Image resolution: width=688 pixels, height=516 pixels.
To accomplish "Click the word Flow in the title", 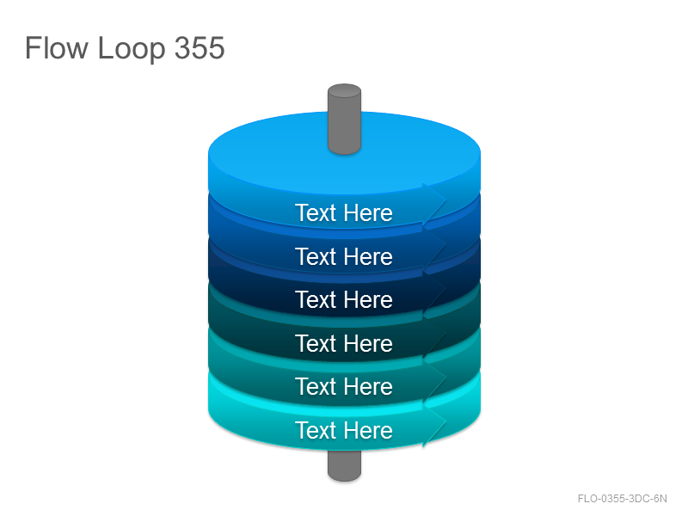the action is pos(57,47).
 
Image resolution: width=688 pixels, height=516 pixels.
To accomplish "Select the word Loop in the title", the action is pos(132,49).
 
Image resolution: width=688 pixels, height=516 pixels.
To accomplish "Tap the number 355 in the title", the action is pos(200,47).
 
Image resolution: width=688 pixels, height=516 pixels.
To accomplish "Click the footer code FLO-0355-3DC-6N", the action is pos(622,499).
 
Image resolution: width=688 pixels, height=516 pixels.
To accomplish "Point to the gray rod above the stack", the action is pos(345,119).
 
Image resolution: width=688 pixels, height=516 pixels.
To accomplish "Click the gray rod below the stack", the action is pos(345,465).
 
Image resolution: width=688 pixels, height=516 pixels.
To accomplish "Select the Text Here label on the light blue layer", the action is pos(344,212).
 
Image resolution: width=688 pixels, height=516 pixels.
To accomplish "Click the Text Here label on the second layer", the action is pos(344,256).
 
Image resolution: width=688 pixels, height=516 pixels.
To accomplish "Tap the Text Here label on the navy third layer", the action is pos(344,299).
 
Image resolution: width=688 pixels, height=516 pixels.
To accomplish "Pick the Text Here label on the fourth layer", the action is pos(344,343).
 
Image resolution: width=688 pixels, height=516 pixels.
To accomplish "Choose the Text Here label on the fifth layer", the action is pos(344,386).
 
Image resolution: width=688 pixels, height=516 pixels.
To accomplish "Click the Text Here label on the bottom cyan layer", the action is pos(344,430).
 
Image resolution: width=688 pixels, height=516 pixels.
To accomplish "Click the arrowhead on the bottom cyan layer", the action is pos(434,423).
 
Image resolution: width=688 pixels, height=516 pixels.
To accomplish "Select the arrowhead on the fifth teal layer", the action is pos(434,379).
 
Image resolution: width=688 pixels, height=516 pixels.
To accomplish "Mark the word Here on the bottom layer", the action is pos(368,430).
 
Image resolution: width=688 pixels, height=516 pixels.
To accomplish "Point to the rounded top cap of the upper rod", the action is pos(345,90).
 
